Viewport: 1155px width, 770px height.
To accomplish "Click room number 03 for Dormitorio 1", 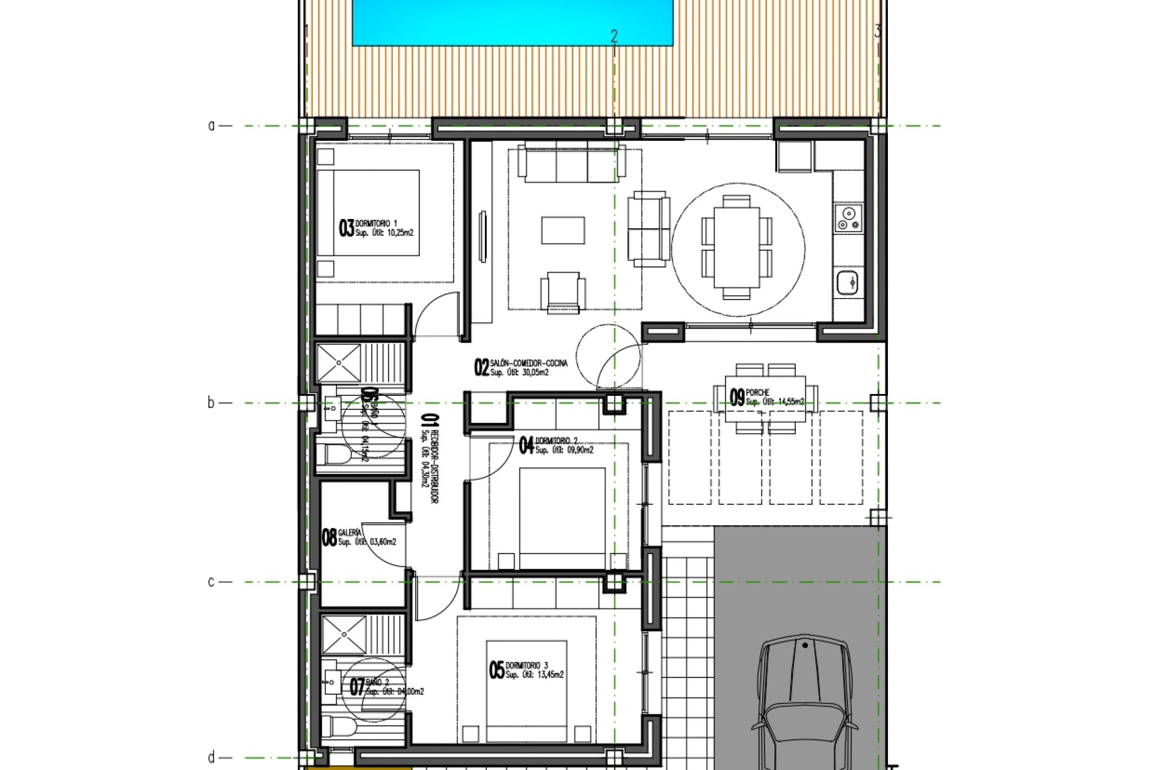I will coord(346,228).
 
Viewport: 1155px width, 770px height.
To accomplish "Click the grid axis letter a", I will coord(211,126).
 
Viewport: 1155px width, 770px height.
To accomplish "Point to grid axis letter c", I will coord(211,582).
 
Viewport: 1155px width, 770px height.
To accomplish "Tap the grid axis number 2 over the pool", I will coord(614,36).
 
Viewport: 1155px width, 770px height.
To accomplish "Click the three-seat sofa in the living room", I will coord(571,163).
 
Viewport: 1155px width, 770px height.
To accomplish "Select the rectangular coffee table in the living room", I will coord(563,230).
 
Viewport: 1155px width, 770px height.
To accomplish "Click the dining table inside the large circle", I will coord(737,247).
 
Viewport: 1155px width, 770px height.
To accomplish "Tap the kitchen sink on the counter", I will coord(848,282).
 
